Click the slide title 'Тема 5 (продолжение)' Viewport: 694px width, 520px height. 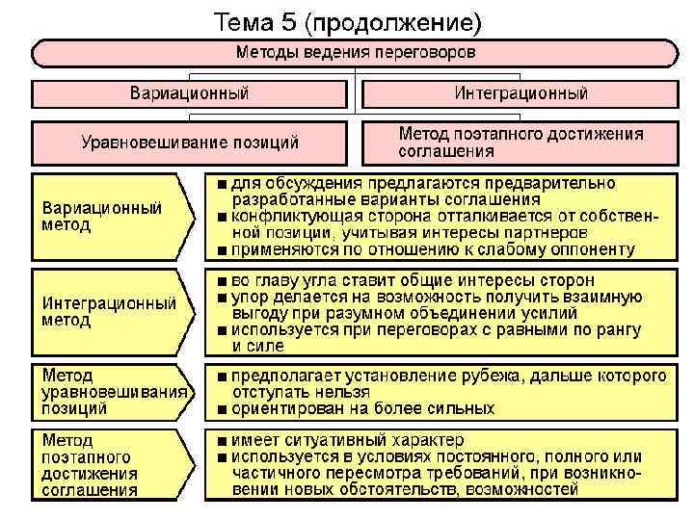click(346, 20)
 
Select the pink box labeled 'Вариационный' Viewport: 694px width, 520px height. click(189, 93)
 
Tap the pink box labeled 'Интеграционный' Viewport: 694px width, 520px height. click(520, 93)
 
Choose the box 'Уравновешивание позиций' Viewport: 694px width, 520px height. click(189, 143)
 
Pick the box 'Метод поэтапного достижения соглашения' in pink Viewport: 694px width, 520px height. click(520, 142)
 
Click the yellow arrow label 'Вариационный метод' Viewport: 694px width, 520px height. click(101, 216)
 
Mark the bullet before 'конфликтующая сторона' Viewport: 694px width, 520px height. click(223, 217)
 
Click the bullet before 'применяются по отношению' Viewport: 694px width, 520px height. click(223, 250)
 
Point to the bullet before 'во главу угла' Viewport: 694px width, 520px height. click(223, 279)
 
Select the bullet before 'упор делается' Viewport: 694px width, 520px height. click(223, 297)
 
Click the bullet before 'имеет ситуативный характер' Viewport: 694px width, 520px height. click(223, 439)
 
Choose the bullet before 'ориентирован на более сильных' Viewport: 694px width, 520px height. click(223, 409)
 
